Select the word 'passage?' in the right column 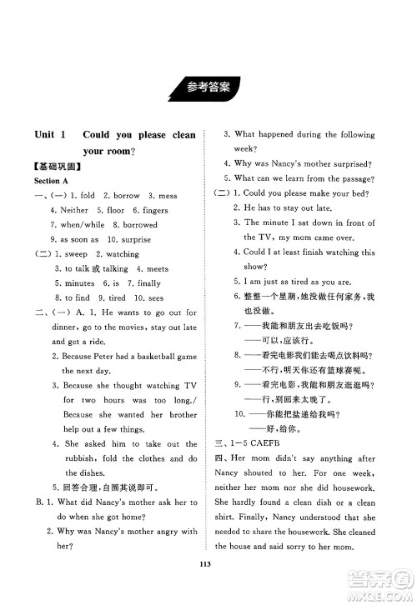(x=364, y=178)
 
